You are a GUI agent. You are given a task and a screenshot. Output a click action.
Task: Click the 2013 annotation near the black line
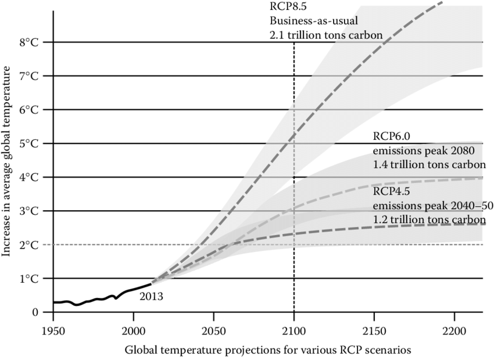[x=151, y=297]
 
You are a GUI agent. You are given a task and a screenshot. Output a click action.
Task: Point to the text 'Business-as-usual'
[x=307, y=21]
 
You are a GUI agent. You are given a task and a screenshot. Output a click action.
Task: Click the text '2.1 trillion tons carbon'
[x=326, y=35]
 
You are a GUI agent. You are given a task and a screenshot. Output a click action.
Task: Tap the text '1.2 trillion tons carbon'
[x=429, y=219]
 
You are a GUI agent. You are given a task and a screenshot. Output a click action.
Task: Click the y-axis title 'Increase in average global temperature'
[x=8, y=161]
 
